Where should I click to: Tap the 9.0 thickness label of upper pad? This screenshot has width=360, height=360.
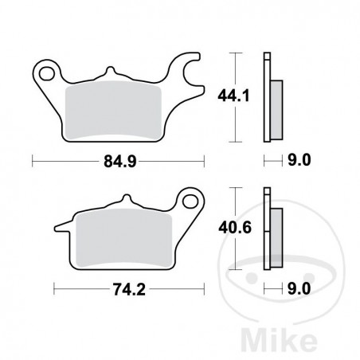(x=296, y=162)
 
